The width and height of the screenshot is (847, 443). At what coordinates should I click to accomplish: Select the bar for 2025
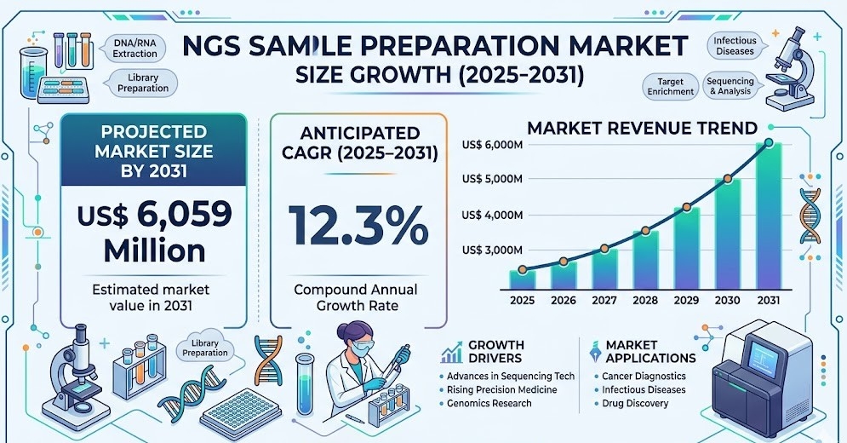523,279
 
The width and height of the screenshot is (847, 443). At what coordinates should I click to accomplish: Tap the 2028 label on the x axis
645,301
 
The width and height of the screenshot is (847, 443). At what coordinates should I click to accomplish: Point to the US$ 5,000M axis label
491,179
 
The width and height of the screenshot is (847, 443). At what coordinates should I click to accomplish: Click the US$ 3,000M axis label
491,250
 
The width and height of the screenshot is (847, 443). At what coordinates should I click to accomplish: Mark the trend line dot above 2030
728,179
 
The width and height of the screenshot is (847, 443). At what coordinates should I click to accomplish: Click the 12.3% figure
358,225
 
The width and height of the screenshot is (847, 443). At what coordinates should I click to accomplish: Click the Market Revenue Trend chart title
642,129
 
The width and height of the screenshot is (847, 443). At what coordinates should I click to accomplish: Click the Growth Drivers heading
495,352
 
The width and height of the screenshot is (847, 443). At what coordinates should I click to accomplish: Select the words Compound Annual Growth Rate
358,298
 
